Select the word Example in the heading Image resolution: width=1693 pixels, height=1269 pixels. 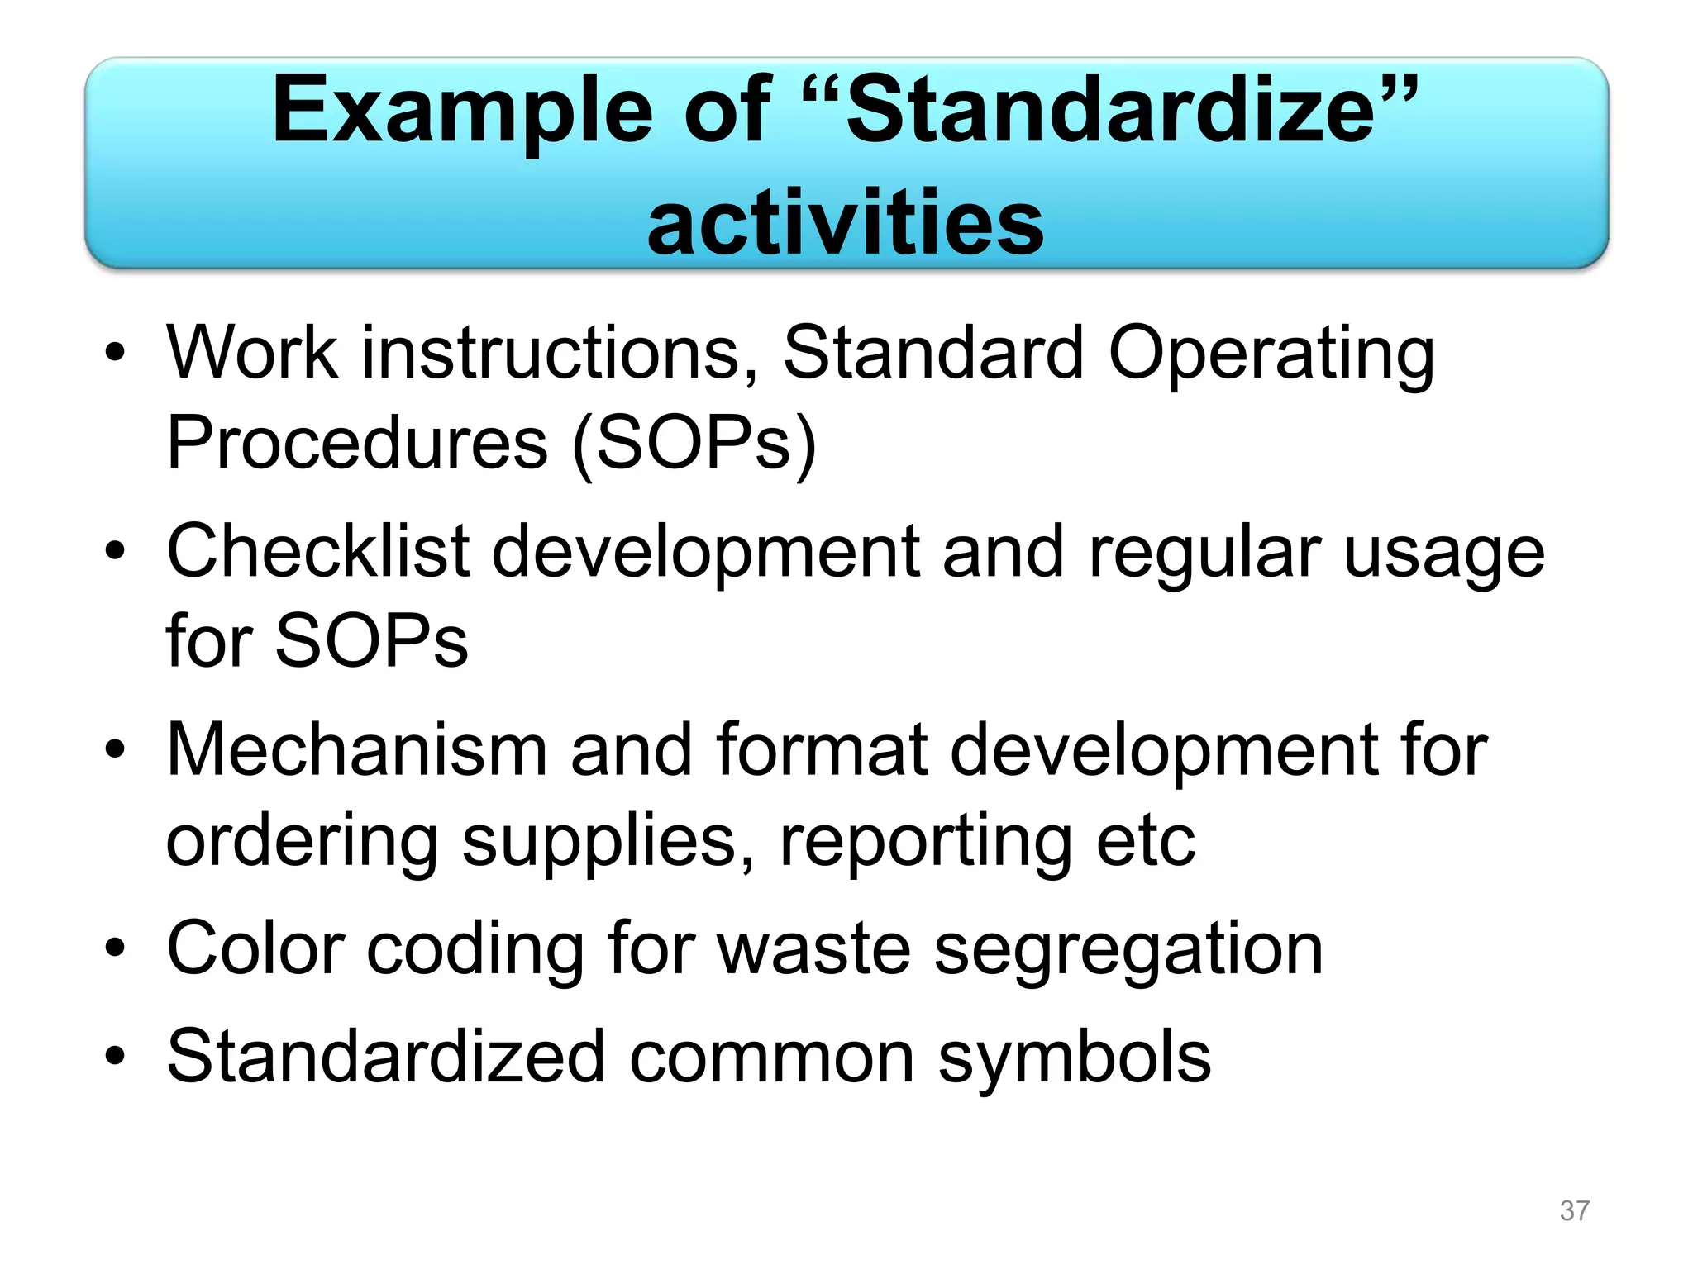click(462, 112)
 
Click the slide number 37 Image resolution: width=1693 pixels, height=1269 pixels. click(1574, 1210)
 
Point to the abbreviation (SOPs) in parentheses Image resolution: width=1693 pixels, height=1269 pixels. click(694, 443)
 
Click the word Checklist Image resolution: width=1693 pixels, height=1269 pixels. click(318, 551)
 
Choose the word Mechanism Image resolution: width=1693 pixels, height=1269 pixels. click(357, 749)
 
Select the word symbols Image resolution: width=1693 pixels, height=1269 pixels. click(1075, 1057)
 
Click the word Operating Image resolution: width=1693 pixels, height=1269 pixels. click(1271, 354)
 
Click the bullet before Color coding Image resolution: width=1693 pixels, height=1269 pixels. click(116, 949)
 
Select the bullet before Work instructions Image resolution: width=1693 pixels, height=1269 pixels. click(116, 354)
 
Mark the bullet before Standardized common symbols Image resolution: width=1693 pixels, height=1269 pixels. click(116, 1057)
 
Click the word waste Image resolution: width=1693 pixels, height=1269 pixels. click(813, 949)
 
